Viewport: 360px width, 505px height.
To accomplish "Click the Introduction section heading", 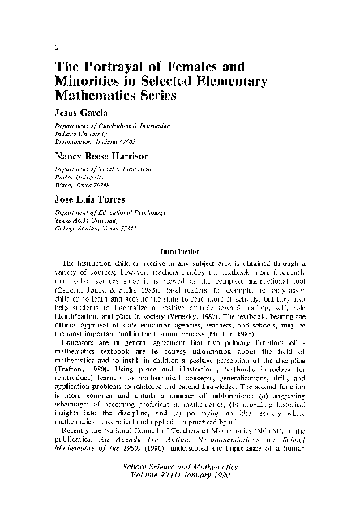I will pyautogui.click(x=186, y=250).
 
